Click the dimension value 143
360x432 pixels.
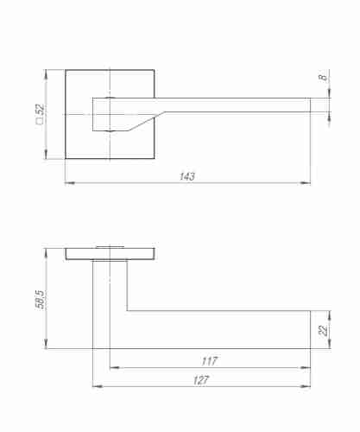187,176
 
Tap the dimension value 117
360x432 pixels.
210,361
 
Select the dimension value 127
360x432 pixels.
201,380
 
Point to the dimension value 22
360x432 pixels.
323,330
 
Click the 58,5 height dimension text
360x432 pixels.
41,300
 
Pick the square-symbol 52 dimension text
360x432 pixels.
40,114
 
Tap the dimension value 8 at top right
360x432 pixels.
323,78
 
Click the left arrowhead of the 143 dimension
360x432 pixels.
70,182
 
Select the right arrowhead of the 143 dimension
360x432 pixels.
306,182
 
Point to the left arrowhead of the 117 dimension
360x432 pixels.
115,367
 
